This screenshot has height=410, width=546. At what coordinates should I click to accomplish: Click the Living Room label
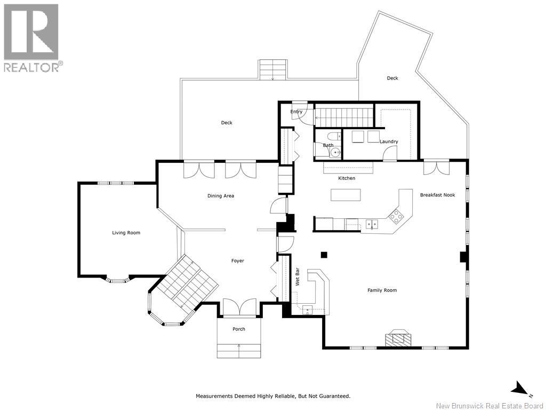click(x=126, y=233)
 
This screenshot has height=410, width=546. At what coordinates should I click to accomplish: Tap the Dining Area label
click(x=221, y=196)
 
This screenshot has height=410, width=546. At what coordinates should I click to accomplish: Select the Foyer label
click(x=238, y=261)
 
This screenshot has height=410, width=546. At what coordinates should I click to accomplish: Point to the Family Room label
click(x=382, y=290)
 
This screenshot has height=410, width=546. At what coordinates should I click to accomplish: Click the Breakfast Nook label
click(x=437, y=195)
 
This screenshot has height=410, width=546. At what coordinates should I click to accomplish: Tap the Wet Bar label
click(x=298, y=277)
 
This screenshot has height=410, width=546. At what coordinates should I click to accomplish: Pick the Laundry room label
click(x=389, y=141)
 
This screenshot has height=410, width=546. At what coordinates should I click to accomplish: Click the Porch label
click(x=239, y=329)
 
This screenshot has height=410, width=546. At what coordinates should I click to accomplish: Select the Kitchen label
click(x=347, y=178)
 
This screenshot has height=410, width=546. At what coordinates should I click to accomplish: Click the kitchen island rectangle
click(x=346, y=195)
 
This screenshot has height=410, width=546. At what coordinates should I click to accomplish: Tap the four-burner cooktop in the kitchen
click(x=396, y=217)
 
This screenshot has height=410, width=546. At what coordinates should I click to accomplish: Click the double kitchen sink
click(x=372, y=224)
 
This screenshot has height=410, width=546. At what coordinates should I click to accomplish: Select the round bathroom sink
click(x=335, y=152)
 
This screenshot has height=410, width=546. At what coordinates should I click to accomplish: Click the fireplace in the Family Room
click(x=398, y=337)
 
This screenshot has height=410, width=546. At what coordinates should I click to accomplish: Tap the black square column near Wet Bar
click(x=324, y=255)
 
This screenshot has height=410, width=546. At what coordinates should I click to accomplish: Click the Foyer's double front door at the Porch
click(x=239, y=308)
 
